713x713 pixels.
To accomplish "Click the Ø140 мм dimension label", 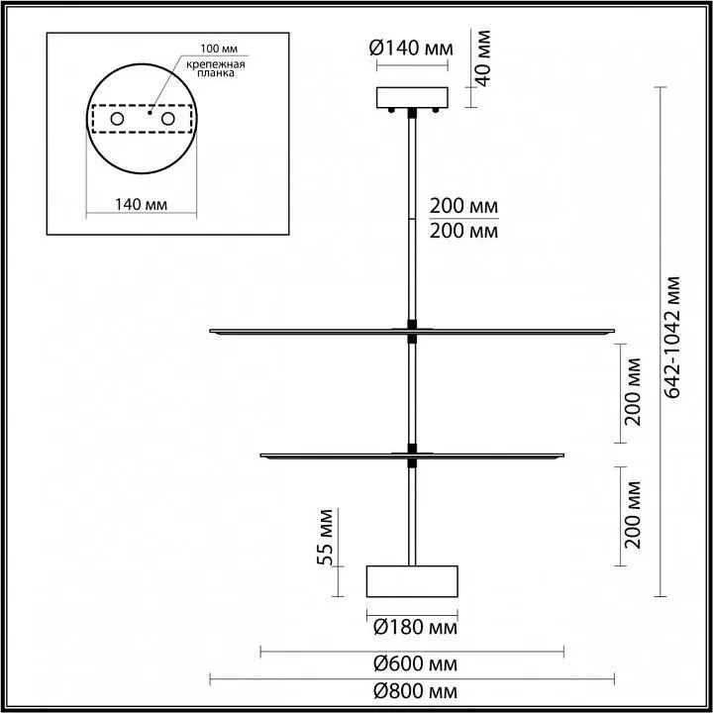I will tap(413, 47).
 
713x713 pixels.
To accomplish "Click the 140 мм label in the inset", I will tap(140, 204).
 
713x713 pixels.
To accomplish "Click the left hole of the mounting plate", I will tap(116, 119).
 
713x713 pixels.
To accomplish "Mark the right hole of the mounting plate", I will tap(167, 119).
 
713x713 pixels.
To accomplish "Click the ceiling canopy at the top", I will tap(413, 97).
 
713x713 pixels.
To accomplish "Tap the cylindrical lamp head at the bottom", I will tap(413, 580).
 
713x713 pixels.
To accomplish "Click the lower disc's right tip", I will tap(560, 456).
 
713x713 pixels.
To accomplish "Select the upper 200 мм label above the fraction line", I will tap(462, 207).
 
